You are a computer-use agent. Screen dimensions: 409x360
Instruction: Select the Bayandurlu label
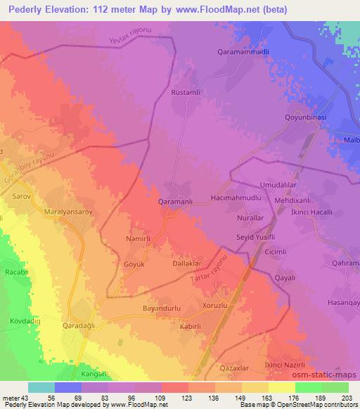point(162,309)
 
